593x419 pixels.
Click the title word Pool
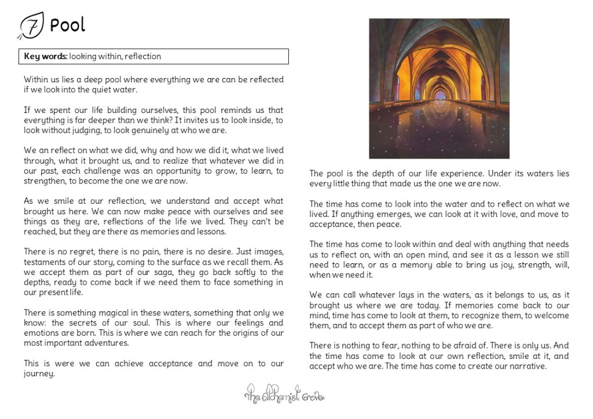click(x=67, y=25)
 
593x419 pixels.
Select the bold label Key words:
click(x=45, y=57)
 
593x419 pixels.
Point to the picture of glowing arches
click(x=439, y=89)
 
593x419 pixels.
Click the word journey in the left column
click(x=39, y=373)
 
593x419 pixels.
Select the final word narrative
click(x=528, y=366)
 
